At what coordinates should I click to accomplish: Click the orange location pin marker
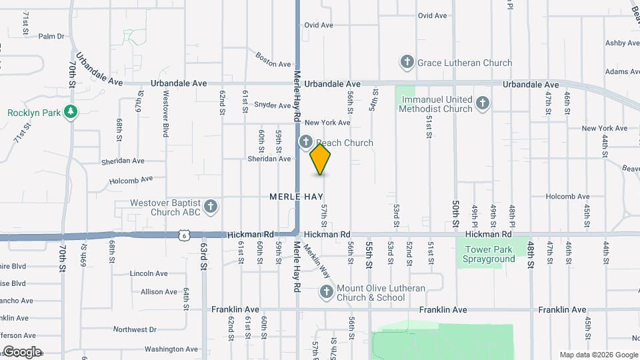tap(320, 159)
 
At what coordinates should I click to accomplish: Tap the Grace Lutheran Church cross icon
tap(407, 63)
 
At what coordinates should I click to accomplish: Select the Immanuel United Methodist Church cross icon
tap(483, 103)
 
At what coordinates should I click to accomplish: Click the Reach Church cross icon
tap(306, 142)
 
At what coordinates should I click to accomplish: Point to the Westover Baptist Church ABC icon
tap(211, 207)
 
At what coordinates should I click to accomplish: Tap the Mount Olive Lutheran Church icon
tap(326, 292)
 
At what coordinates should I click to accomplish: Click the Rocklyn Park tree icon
tap(69, 113)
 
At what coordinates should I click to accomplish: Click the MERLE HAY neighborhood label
tap(296, 197)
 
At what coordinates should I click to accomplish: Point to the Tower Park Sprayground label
tap(489, 254)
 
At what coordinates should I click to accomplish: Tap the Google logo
tap(22, 351)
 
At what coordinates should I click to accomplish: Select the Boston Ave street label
tap(274, 60)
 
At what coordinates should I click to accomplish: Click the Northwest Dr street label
tap(134, 329)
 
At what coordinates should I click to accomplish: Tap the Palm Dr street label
tap(51, 37)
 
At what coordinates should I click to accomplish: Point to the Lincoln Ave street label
tap(149, 273)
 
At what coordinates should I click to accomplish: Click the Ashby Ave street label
tap(622, 43)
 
